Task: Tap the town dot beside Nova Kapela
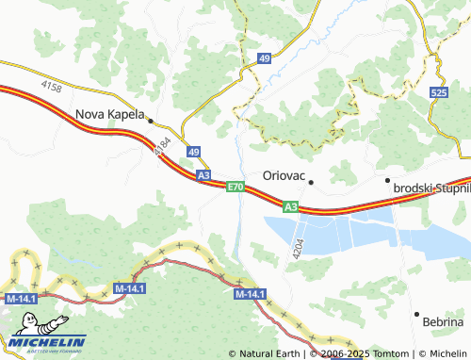(x=151, y=120)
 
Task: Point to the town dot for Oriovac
(x=311, y=181)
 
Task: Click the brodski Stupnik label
(x=431, y=189)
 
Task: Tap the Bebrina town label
(x=443, y=322)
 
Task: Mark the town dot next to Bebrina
(x=415, y=313)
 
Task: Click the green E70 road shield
(x=235, y=188)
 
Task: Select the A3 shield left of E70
(x=203, y=174)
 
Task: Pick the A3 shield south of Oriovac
(x=290, y=206)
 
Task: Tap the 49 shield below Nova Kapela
(x=193, y=151)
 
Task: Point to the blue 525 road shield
(x=439, y=93)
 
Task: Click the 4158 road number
(x=52, y=88)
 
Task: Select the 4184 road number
(x=161, y=146)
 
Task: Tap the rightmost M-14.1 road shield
(x=249, y=295)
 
